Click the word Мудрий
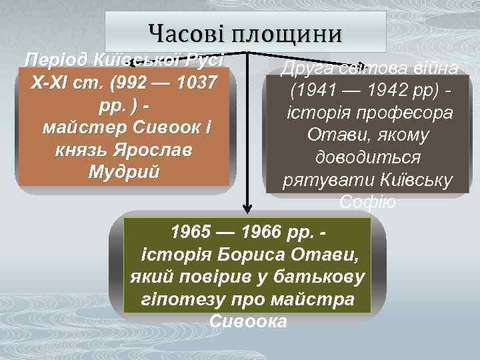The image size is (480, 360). pyautogui.click(x=123, y=171)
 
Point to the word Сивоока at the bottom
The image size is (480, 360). pyautogui.click(x=248, y=321)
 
